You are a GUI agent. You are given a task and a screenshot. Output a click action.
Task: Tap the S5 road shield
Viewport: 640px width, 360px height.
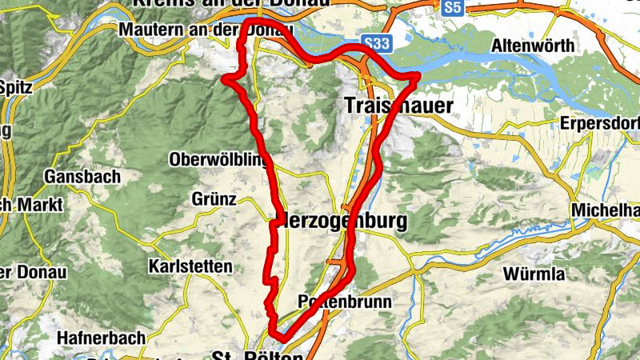click(453, 7)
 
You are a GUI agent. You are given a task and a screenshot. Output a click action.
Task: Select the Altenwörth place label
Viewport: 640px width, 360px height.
click(534, 46)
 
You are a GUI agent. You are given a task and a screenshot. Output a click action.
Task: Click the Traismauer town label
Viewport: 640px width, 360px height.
click(398, 105)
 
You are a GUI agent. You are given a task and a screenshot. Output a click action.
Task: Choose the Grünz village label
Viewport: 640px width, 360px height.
click(214, 198)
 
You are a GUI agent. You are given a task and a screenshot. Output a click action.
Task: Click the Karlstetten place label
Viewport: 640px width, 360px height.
click(190, 266)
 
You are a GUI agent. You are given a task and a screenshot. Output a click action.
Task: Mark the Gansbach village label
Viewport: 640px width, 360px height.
click(83, 175)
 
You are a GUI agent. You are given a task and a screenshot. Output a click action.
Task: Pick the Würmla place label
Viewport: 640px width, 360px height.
click(534, 274)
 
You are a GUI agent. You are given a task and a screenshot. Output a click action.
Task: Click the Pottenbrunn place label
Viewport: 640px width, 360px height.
click(344, 302)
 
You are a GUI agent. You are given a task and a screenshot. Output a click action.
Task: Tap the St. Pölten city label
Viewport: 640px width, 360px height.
click(258, 354)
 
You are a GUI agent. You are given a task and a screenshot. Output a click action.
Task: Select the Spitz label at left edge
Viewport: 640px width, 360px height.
click(15, 86)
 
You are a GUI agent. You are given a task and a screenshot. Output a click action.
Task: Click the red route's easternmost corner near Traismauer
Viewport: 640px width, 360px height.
click(418, 75)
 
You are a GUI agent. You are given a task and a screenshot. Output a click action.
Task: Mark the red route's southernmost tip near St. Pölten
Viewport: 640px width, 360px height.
click(276, 337)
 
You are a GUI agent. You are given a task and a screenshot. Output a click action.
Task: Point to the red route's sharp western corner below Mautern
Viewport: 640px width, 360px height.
click(225, 79)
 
